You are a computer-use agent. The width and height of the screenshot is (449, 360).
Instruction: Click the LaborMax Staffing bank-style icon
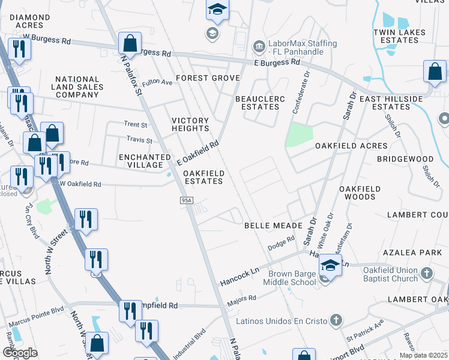[259, 46]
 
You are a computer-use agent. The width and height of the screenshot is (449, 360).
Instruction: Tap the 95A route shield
[186, 200]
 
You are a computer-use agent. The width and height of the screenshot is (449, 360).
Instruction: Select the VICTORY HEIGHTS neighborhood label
[190, 124]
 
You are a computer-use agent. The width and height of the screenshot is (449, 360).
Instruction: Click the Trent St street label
[136, 125]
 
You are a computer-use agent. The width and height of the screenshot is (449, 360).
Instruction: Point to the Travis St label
[139, 140]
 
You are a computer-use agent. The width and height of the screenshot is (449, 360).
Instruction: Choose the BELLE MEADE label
[268, 226]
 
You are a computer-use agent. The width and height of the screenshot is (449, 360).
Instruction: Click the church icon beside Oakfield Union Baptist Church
[427, 274]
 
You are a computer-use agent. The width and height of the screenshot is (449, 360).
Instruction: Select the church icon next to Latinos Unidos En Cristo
[337, 320]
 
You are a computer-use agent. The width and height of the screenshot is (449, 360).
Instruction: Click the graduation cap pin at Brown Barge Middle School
[330, 265]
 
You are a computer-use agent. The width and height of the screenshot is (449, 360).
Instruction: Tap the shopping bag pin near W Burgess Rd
[130, 43]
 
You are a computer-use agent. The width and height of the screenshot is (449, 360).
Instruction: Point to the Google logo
[20, 352]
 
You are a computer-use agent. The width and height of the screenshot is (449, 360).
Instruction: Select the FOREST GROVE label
[208, 78]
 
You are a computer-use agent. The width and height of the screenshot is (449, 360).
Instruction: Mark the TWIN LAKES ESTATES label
[399, 36]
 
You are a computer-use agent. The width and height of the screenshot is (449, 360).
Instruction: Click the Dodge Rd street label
[282, 242]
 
